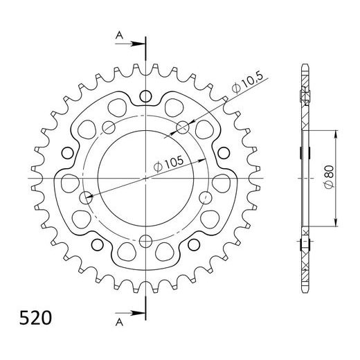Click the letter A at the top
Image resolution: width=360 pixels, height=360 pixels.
click(x=120, y=34)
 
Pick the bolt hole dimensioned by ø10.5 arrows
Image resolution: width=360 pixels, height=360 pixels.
click(x=183, y=126)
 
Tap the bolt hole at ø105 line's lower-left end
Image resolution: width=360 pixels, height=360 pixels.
click(x=86, y=198)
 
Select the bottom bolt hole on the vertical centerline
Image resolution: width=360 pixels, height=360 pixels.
click(x=146, y=240)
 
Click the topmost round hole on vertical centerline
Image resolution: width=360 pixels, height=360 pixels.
click(x=146, y=96)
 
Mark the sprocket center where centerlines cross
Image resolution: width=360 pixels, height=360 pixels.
click(x=146, y=179)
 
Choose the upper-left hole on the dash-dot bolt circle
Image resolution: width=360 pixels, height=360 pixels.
click(x=109, y=126)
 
